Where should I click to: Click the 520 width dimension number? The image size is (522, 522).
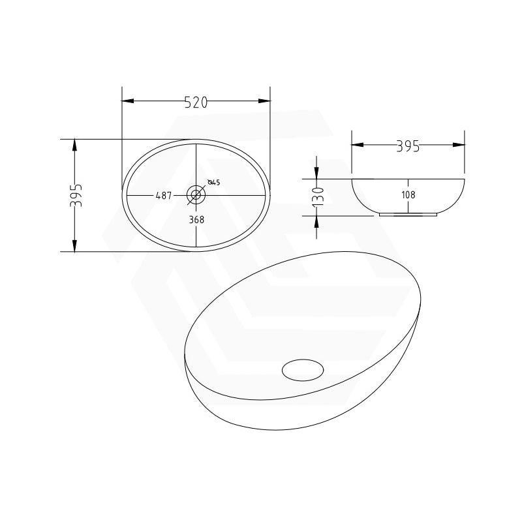pos(196,102)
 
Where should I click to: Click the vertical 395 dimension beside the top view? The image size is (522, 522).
pos(76,195)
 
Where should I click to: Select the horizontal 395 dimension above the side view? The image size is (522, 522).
pos(408,146)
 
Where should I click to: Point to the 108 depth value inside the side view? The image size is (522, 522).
pos(409,194)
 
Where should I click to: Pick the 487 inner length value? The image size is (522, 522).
pos(163,195)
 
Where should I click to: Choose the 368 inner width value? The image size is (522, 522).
pos(196,220)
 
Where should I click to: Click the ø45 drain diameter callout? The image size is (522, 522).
pos(214,183)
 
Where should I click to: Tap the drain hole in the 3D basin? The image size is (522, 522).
pos(303,369)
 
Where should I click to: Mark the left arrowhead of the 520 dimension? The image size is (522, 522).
pos(128,101)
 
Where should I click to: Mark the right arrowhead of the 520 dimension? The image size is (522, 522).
pos(264,101)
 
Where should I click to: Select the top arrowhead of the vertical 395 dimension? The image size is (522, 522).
pos(75,145)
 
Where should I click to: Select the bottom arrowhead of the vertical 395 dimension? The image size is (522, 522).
pos(75,245)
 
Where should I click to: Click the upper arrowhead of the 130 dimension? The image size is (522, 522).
pos(316,172)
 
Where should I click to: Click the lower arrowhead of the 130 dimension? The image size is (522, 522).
pos(316,221)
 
